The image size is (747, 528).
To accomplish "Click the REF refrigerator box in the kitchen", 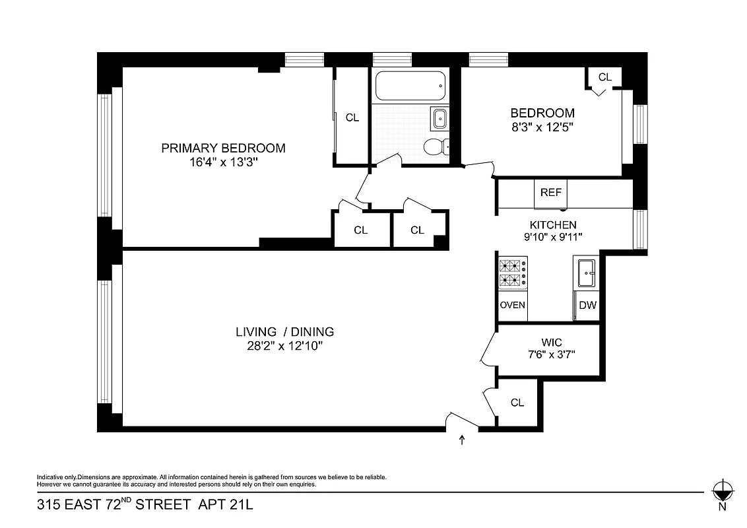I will (550, 193).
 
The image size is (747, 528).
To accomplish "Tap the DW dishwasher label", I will (587, 305).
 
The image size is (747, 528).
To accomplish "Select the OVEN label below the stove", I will (513, 305).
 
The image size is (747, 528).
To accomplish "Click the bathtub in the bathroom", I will (410, 84).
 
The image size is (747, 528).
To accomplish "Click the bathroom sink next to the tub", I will (439, 119).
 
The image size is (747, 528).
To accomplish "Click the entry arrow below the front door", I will (461, 440).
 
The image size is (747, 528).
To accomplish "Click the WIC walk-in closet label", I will (552, 343).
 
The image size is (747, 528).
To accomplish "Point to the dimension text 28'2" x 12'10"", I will (285, 345).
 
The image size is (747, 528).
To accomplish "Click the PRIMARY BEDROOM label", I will (223, 148).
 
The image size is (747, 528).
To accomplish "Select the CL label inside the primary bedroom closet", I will (352, 117).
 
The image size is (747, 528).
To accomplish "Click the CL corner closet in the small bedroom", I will (604, 77).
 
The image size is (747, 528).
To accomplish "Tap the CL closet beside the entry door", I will (517, 402).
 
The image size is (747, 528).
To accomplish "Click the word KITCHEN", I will (553, 225).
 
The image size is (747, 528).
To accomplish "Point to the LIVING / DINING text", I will (285, 332).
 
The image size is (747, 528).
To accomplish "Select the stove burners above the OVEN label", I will (513, 274).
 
